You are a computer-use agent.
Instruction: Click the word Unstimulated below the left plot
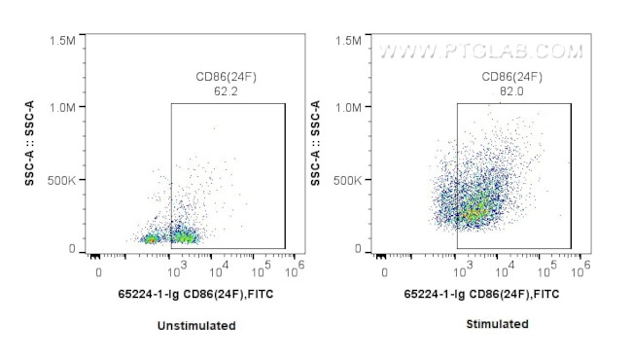tap(196, 326)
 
